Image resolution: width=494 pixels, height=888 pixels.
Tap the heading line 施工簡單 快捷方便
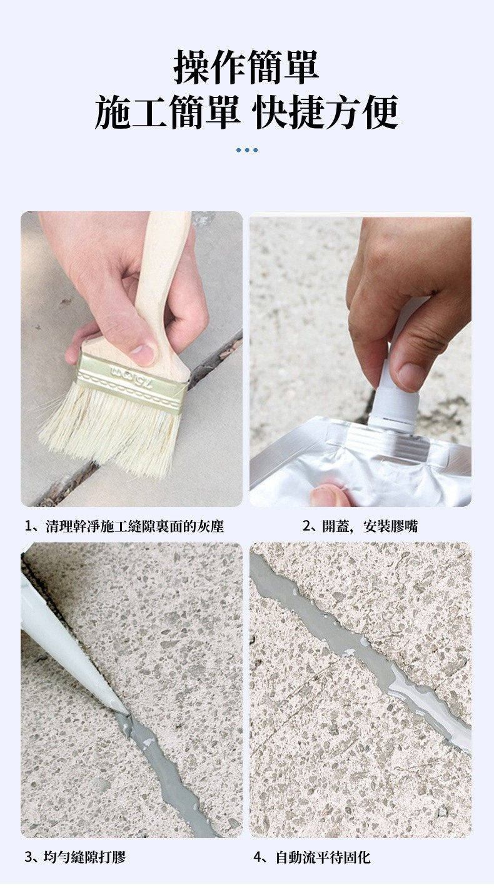[x=246, y=112]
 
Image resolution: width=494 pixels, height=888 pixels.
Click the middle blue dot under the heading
[x=247, y=150]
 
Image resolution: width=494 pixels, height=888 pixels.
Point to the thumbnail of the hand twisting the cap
[x=411, y=376]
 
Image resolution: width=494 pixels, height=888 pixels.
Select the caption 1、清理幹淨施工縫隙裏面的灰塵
[x=124, y=526]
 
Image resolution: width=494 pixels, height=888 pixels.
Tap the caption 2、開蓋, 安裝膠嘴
[x=360, y=526]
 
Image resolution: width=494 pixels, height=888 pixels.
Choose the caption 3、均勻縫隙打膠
[x=75, y=857]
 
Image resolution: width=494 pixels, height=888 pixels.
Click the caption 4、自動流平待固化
[x=312, y=857]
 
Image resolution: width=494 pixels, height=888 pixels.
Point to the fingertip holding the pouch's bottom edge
[x=330, y=496]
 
